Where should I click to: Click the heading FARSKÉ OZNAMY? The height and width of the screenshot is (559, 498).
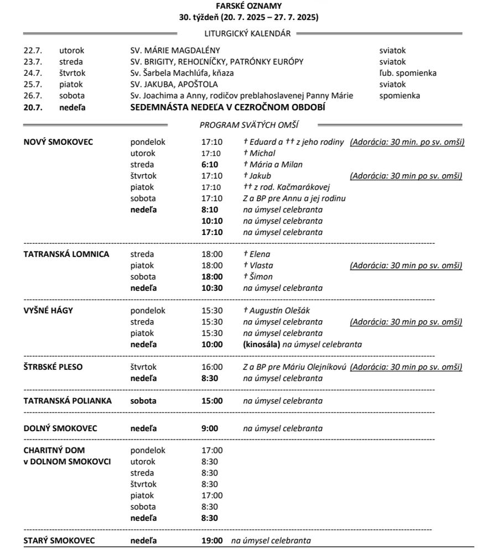click(248, 6)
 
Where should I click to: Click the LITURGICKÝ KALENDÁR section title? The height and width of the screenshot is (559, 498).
click(247, 33)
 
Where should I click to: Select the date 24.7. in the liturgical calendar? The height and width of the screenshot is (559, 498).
click(33, 73)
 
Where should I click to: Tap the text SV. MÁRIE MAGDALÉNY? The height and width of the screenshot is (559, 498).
click(175, 50)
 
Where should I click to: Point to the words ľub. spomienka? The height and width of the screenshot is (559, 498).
click(407, 73)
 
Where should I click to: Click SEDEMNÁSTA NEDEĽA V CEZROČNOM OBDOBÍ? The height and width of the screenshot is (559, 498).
click(227, 107)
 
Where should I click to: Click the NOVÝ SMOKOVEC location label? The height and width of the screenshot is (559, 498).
click(58, 142)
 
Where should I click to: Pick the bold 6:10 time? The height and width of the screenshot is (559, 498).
click(210, 164)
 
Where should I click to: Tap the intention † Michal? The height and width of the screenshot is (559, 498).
click(259, 153)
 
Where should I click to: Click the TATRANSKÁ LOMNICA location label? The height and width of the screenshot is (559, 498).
click(66, 254)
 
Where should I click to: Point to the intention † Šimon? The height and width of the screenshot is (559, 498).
click(258, 276)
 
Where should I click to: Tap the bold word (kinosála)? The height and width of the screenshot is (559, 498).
click(261, 344)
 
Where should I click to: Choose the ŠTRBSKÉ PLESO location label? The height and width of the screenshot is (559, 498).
click(53, 367)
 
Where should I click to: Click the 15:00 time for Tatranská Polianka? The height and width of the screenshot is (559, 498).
click(212, 401)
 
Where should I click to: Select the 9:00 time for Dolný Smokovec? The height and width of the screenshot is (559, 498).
click(210, 429)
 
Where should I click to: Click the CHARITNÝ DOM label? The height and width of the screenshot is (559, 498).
click(54, 450)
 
